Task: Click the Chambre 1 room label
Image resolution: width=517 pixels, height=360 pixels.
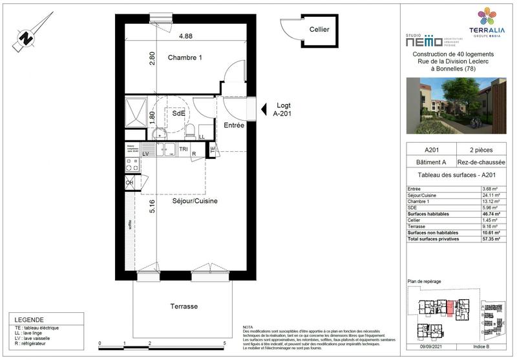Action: [x=185, y=58]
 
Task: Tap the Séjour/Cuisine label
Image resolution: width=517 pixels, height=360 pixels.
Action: [x=195, y=201]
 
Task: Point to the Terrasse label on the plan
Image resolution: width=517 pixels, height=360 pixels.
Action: [x=184, y=306]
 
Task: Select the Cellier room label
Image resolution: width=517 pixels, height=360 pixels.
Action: [x=319, y=30]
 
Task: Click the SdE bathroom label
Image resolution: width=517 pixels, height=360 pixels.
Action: [x=178, y=113]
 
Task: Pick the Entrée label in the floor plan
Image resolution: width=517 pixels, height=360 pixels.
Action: [x=233, y=125]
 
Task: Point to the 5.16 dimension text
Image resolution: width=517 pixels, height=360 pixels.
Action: [x=152, y=207]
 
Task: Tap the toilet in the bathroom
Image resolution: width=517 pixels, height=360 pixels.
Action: [x=190, y=132]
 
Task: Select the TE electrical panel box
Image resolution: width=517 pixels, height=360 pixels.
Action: [x=213, y=149]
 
